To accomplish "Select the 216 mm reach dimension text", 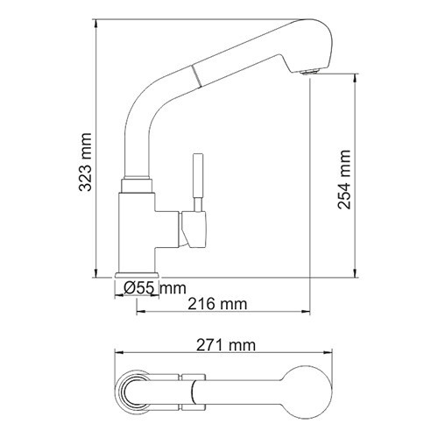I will click(215, 303).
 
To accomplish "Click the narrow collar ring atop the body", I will click(138, 185).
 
